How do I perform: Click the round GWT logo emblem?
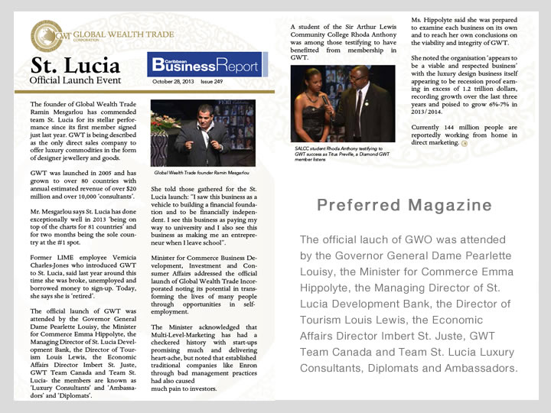[x=47, y=35]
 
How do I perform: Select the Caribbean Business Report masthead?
[x=204, y=66]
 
